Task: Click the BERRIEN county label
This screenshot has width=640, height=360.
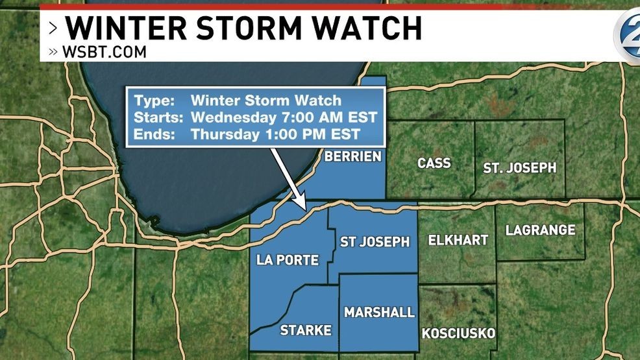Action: tap(352, 156)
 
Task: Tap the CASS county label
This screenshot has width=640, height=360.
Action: tap(434, 163)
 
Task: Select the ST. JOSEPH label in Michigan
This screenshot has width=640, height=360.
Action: tap(519, 167)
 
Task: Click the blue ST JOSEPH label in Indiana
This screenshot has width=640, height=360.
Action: tap(375, 242)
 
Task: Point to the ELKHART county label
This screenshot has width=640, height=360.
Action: tap(458, 240)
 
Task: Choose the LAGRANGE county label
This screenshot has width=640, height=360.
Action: tap(540, 230)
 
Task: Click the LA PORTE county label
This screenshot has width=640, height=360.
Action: tap(288, 260)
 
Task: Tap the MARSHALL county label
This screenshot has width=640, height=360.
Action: tap(379, 312)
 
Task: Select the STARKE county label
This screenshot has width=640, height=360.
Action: tap(305, 330)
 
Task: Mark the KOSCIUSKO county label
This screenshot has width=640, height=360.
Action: tap(458, 333)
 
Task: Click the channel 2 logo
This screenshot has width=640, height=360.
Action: tap(627, 34)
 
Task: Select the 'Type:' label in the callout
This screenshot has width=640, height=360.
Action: tap(154, 101)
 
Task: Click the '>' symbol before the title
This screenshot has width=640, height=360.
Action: tap(53, 29)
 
